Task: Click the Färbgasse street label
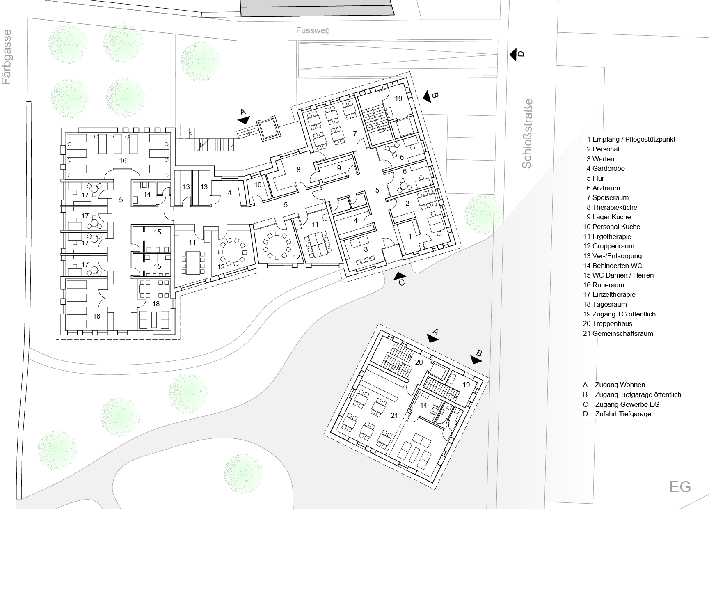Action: [7, 57]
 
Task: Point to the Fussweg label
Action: [313, 30]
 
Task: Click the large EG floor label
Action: [680, 487]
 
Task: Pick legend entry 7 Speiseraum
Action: [607, 197]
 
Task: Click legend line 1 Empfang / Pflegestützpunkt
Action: [631, 139]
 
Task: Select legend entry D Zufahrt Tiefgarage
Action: [617, 414]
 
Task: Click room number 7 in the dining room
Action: [355, 133]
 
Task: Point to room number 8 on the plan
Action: [298, 169]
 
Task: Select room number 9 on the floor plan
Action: [339, 168]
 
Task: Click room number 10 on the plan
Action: [258, 185]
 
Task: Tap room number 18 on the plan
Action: [156, 304]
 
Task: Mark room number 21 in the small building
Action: [394, 415]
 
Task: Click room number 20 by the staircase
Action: [419, 362]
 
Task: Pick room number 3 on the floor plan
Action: [366, 249]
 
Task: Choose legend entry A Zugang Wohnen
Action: [614, 385]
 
